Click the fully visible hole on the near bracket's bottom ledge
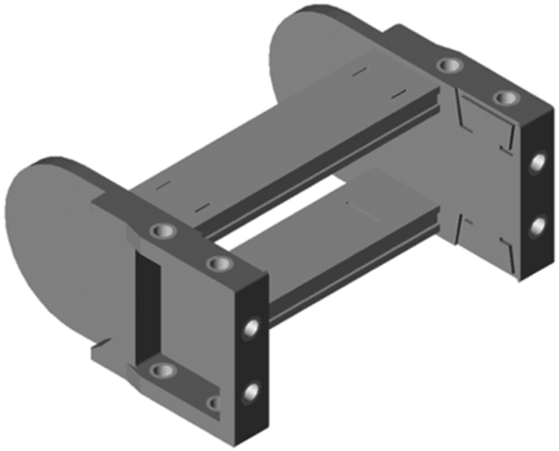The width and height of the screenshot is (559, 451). (163, 370)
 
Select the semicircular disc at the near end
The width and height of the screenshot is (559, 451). (48, 239)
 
